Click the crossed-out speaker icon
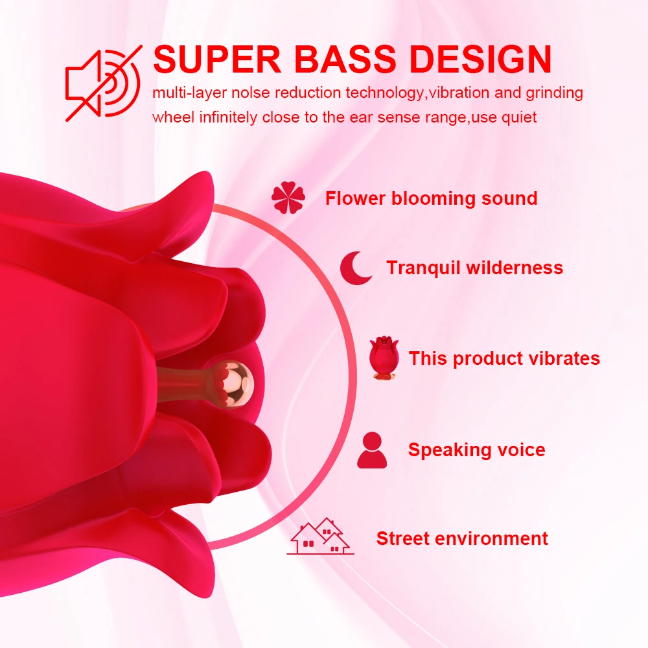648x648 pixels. (103, 83)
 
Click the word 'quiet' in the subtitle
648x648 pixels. (519, 117)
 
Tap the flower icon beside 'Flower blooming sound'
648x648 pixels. (288, 198)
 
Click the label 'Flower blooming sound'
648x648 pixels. (431, 198)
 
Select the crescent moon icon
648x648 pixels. (356, 268)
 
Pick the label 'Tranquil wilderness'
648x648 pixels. (474, 268)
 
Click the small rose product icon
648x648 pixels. (384, 358)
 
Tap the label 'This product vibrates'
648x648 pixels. (504, 358)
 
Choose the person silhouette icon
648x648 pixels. (372, 450)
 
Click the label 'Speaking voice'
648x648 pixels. (476, 450)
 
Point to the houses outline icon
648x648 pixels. (320, 536)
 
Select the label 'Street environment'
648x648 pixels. (462, 538)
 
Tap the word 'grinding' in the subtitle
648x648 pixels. (554, 93)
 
